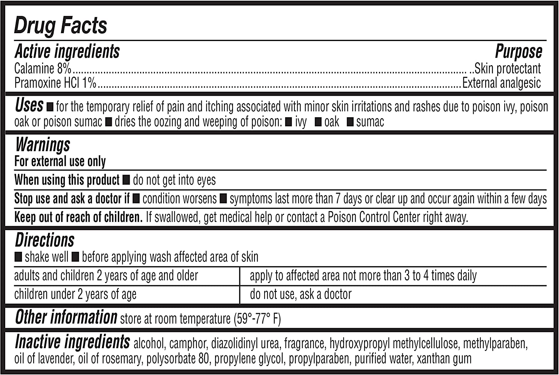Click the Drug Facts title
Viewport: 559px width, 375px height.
coord(60,26)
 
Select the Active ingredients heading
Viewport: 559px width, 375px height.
coord(67,51)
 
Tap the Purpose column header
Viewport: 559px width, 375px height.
coord(518,51)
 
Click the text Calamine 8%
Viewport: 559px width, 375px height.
coord(42,69)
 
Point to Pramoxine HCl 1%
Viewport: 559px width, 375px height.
coord(55,83)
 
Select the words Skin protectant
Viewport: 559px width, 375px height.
coord(507,69)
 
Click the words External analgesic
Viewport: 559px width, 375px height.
coord(502,83)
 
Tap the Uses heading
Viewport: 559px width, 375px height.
coord(29,105)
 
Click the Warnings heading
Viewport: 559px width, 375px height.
coord(43,145)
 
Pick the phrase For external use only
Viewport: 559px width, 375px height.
coord(60,161)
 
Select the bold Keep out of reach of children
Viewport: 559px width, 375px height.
coord(78,217)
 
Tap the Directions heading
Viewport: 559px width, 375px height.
coord(45,240)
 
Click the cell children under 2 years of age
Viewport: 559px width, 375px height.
coord(75,294)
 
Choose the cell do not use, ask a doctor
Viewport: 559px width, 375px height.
coord(301,294)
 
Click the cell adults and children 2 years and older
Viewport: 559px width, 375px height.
coord(106,276)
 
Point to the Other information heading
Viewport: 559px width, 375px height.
coord(66,317)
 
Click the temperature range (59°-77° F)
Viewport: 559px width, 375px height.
coord(257,319)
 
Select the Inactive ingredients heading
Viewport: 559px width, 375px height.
coord(72,342)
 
